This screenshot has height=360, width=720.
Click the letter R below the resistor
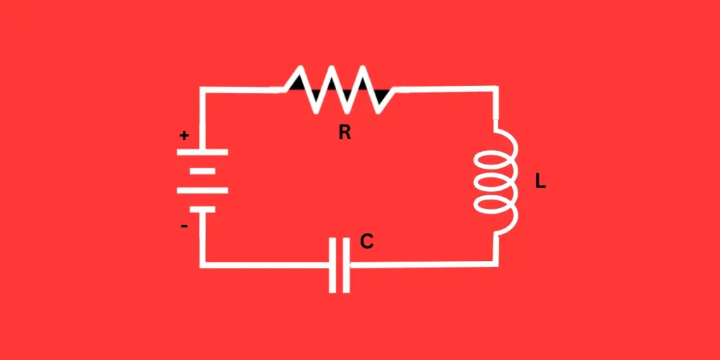pyautogui.click(x=345, y=132)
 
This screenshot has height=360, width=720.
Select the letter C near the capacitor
pyautogui.click(x=366, y=242)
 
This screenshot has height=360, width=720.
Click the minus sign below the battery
pyautogui.click(x=184, y=226)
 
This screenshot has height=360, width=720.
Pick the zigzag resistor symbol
pyautogui.click(x=339, y=89)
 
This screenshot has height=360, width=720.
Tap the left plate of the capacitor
pyautogui.click(x=332, y=265)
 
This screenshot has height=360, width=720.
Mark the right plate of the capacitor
pyautogui.click(x=345, y=265)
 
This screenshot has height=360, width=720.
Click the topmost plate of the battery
pyautogui.click(x=202, y=152)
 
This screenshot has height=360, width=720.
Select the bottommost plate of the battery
pyautogui.click(x=202, y=209)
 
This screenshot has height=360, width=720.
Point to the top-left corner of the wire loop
pyautogui.click(x=202, y=90)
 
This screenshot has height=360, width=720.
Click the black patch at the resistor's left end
pyautogui.click(x=298, y=84)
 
